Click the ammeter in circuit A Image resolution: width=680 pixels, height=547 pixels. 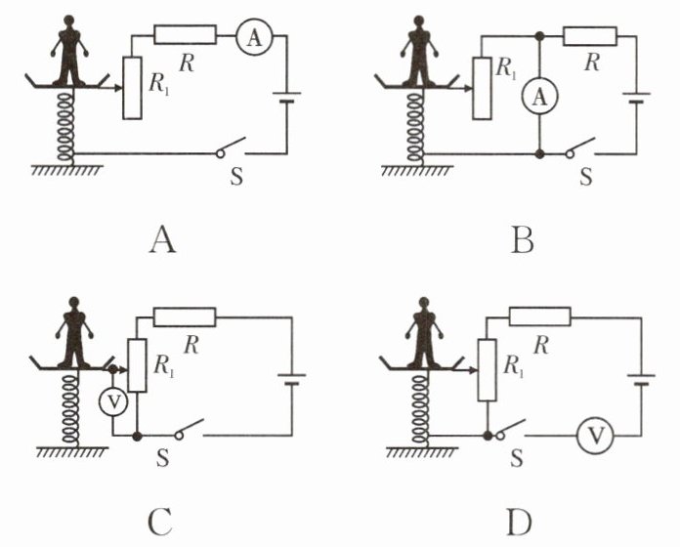[250, 36]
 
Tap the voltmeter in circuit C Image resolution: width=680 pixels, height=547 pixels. [113, 401]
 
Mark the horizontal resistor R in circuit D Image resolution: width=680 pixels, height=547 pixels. [539, 316]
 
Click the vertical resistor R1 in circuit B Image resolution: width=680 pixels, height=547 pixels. [481, 88]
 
